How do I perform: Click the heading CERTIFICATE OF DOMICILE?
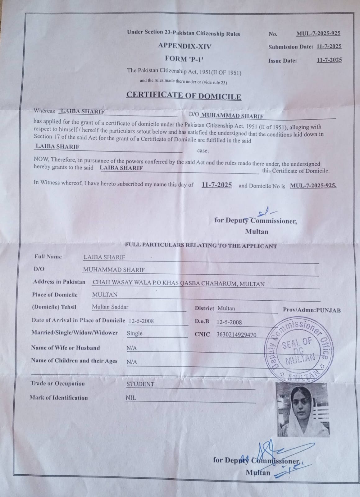click(184, 95)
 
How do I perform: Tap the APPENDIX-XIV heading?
click(185, 46)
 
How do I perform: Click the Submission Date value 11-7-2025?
click(329, 47)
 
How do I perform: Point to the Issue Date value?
click(329, 60)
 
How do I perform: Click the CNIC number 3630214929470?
click(236, 335)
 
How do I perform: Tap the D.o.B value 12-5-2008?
click(229, 322)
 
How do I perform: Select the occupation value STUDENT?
click(140, 384)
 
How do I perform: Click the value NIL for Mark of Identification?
click(131, 398)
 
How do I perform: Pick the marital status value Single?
click(134, 333)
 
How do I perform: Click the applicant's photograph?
click(302, 409)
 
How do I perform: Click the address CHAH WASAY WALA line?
click(179, 284)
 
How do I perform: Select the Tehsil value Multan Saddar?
click(110, 307)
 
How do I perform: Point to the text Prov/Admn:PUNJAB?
click(312, 310)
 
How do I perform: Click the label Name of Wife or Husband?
click(65, 348)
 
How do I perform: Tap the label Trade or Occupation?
click(57, 384)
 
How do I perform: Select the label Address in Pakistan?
click(59, 282)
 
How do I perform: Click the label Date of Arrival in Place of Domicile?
click(78, 320)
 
